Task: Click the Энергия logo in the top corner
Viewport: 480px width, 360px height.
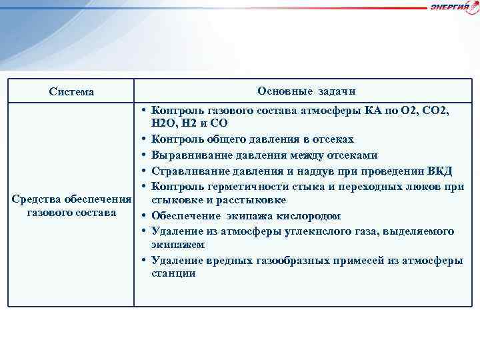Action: click(x=454, y=7)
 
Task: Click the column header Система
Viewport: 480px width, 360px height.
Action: click(x=71, y=91)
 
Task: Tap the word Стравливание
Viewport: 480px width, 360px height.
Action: click(x=189, y=170)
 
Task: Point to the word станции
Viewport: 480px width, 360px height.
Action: click(x=173, y=273)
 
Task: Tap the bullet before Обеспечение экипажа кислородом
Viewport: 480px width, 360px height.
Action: click(x=143, y=216)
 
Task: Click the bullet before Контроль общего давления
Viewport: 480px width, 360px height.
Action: click(x=143, y=139)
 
